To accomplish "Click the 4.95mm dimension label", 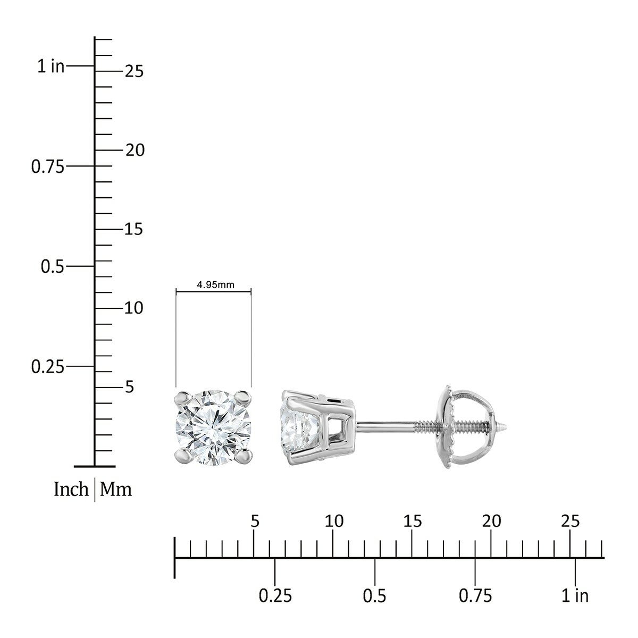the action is pyautogui.click(x=215, y=284).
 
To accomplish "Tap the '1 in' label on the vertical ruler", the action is pyautogui.click(x=51, y=66).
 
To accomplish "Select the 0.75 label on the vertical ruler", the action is pyautogui.click(x=48, y=166).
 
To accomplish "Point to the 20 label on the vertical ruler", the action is pyautogui.click(x=135, y=150).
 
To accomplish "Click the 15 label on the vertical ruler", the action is pyautogui.click(x=134, y=229).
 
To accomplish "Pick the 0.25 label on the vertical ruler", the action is pyautogui.click(x=48, y=367).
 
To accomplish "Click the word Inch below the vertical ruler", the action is pyautogui.click(x=71, y=490).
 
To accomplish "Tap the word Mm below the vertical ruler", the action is pyautogui.click(x=116, y=490).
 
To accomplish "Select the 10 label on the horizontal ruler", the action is pyautogui.click(x=334, y=522).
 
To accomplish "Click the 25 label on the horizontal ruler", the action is pyautogui.click(x=570, y=522).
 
